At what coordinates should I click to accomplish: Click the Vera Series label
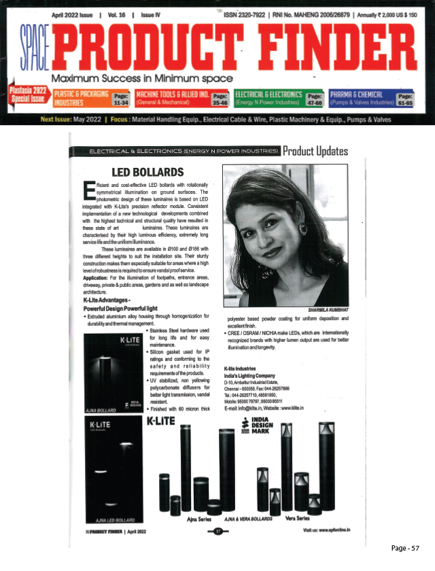pos(313,518)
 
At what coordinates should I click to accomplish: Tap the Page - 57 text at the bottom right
pos(411,548)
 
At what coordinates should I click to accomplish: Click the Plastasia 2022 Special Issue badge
pos(28,99)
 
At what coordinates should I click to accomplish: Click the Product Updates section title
pos(315,150)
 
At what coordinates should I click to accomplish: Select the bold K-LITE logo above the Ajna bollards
pos(161,421)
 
